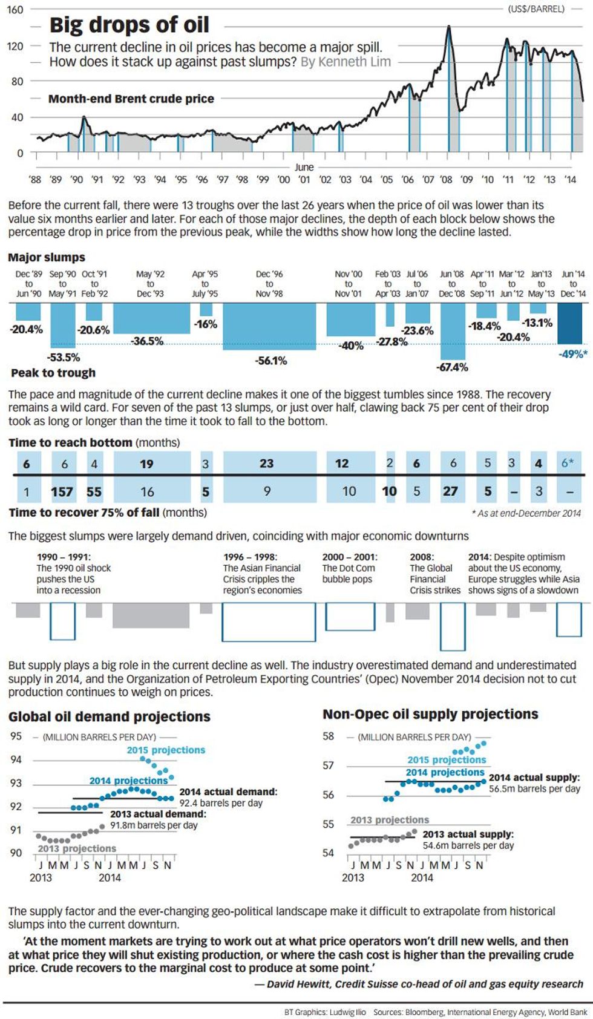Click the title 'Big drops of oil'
tap(129, 25)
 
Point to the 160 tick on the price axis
tap(15, 10)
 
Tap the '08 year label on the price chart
tap(446, 180)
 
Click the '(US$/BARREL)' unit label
tap(536, 9)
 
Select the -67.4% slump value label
tap(452, 367)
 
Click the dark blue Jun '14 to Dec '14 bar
tap(569, 323)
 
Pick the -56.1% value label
tap(270, 361)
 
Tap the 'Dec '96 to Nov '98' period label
tap(269, 284)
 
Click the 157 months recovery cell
tap(62, 491)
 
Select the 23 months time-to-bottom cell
tap(266, 464)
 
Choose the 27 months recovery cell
tap(450, 491)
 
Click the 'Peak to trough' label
tap(53, 373)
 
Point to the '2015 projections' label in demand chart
tap(166, 750)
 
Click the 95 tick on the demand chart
tap(16, 736)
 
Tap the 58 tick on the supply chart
tap(328, 736)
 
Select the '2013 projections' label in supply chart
tap(390, 820)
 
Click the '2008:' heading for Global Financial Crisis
tap(422, 557)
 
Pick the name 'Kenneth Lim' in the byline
tap(354, 62)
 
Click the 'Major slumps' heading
tap(47, 257)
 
